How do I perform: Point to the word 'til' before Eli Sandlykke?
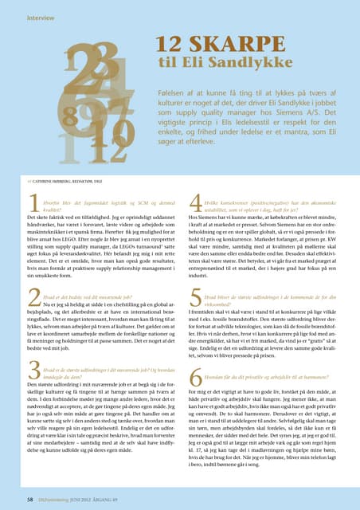167,66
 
